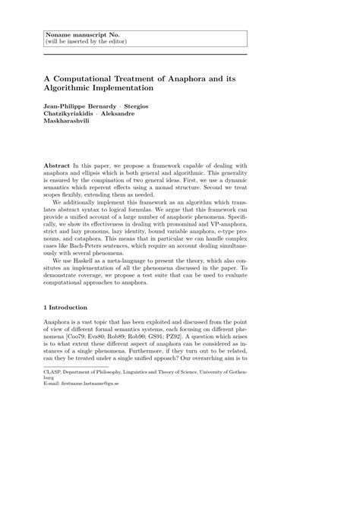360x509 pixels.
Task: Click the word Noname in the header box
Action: click(x=59, y=35)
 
